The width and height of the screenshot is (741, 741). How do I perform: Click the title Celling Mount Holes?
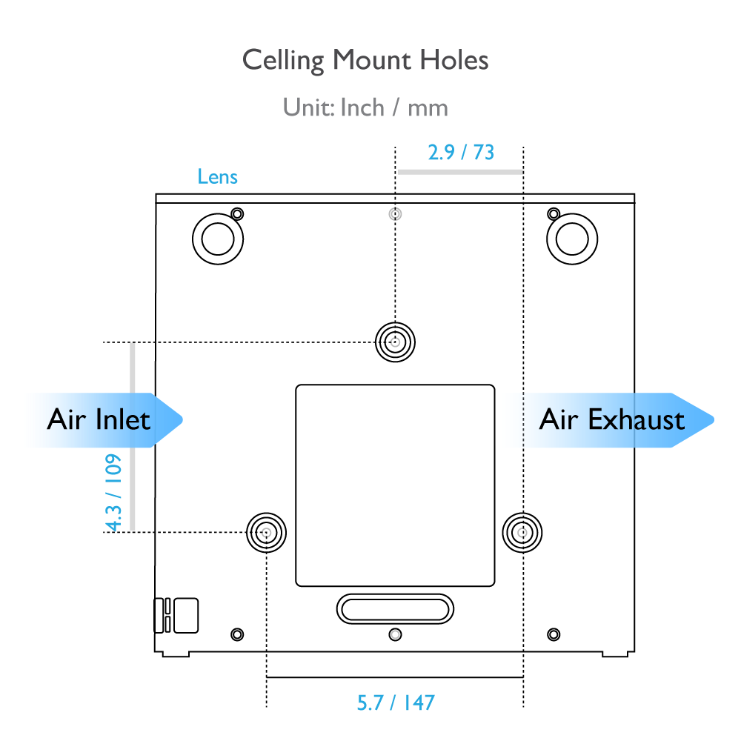tap(365, 61)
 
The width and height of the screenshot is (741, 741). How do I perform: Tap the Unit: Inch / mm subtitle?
tap(365, 107)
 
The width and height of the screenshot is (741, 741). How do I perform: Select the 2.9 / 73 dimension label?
tap(461, 152)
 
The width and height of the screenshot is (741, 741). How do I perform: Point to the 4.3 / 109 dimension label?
tap(113, 493)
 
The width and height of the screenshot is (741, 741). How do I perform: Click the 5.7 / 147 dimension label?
tap(396, 702)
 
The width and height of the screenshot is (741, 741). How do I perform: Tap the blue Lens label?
tap(217, 177)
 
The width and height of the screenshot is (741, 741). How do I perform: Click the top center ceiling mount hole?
tap(395, 342)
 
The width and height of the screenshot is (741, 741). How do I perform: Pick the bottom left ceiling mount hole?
tap(267, 533)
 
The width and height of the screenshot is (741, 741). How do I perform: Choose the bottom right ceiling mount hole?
tap(522, 533)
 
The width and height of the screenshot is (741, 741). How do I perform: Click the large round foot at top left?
tap(218, 239)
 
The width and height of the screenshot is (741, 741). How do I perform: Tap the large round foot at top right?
tap(572, 239)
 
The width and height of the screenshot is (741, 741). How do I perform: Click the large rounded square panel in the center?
tap(395, 485)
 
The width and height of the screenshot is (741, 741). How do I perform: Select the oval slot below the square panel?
tap(395, 608)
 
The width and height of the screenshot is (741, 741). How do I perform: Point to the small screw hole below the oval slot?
tap(395, 634)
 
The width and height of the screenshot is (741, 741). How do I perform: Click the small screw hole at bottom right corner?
tap(554, 634)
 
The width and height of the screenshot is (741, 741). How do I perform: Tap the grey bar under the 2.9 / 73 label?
tap(460, 172)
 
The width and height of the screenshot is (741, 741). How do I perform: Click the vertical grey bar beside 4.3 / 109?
tap(133, 437)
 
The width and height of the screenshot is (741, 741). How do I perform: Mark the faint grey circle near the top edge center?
tap(395, 214)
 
